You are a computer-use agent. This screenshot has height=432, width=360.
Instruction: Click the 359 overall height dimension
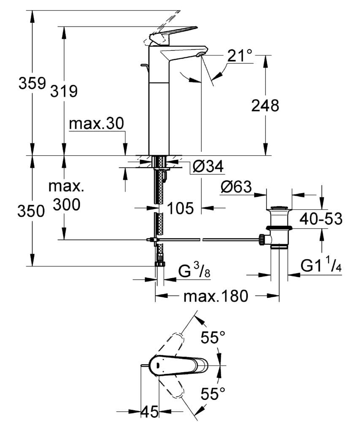[x=32, y=84]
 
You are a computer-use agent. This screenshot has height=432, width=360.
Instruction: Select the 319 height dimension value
[x=65, y=91]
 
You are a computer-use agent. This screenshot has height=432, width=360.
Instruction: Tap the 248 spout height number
[x=265, y=105]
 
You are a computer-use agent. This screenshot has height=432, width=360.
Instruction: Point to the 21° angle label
[x=239, y=55]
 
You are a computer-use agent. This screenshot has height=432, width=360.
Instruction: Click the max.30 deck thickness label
[x=96, y=124]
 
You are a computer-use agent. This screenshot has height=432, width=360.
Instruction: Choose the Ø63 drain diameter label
[x=235, y=187]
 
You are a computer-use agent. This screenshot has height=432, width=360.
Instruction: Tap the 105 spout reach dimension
[x=180, y=208]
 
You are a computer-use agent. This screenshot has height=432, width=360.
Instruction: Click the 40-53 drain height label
[x=320, y=219]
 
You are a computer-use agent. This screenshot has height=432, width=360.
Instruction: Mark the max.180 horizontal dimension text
[x=216, y=296]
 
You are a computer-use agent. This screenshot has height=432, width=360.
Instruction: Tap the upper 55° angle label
[x=213, y=337]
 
